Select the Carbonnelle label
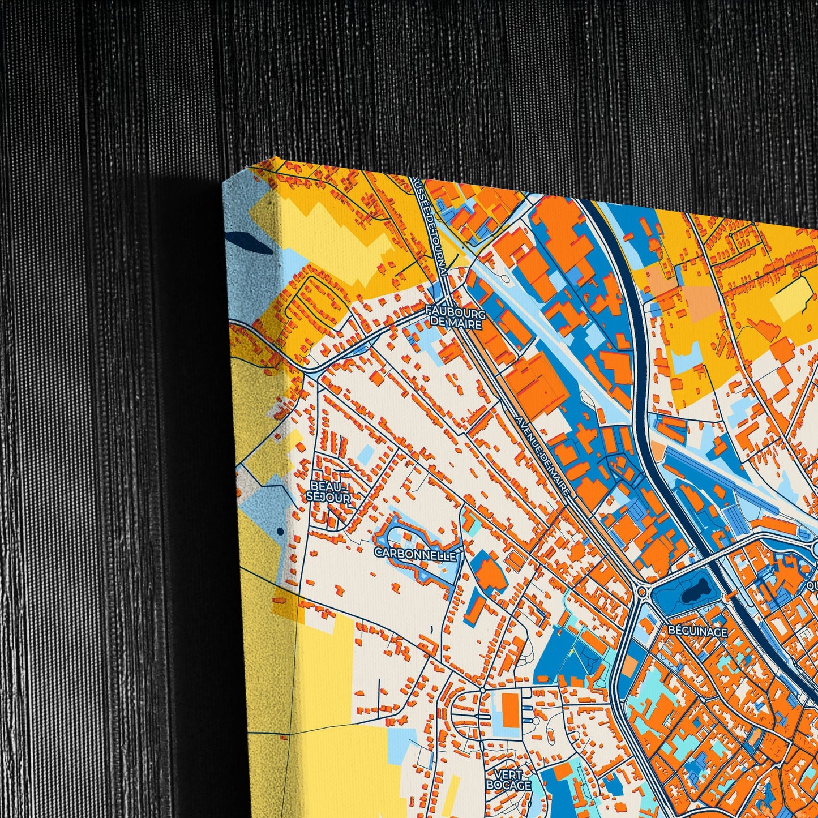[x=416, y=555]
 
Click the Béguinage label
[x=697, y=631]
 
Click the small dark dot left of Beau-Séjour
[x=280, y=531]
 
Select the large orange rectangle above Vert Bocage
[x=511, y=710]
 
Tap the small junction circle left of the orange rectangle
[x=482, y=690]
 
